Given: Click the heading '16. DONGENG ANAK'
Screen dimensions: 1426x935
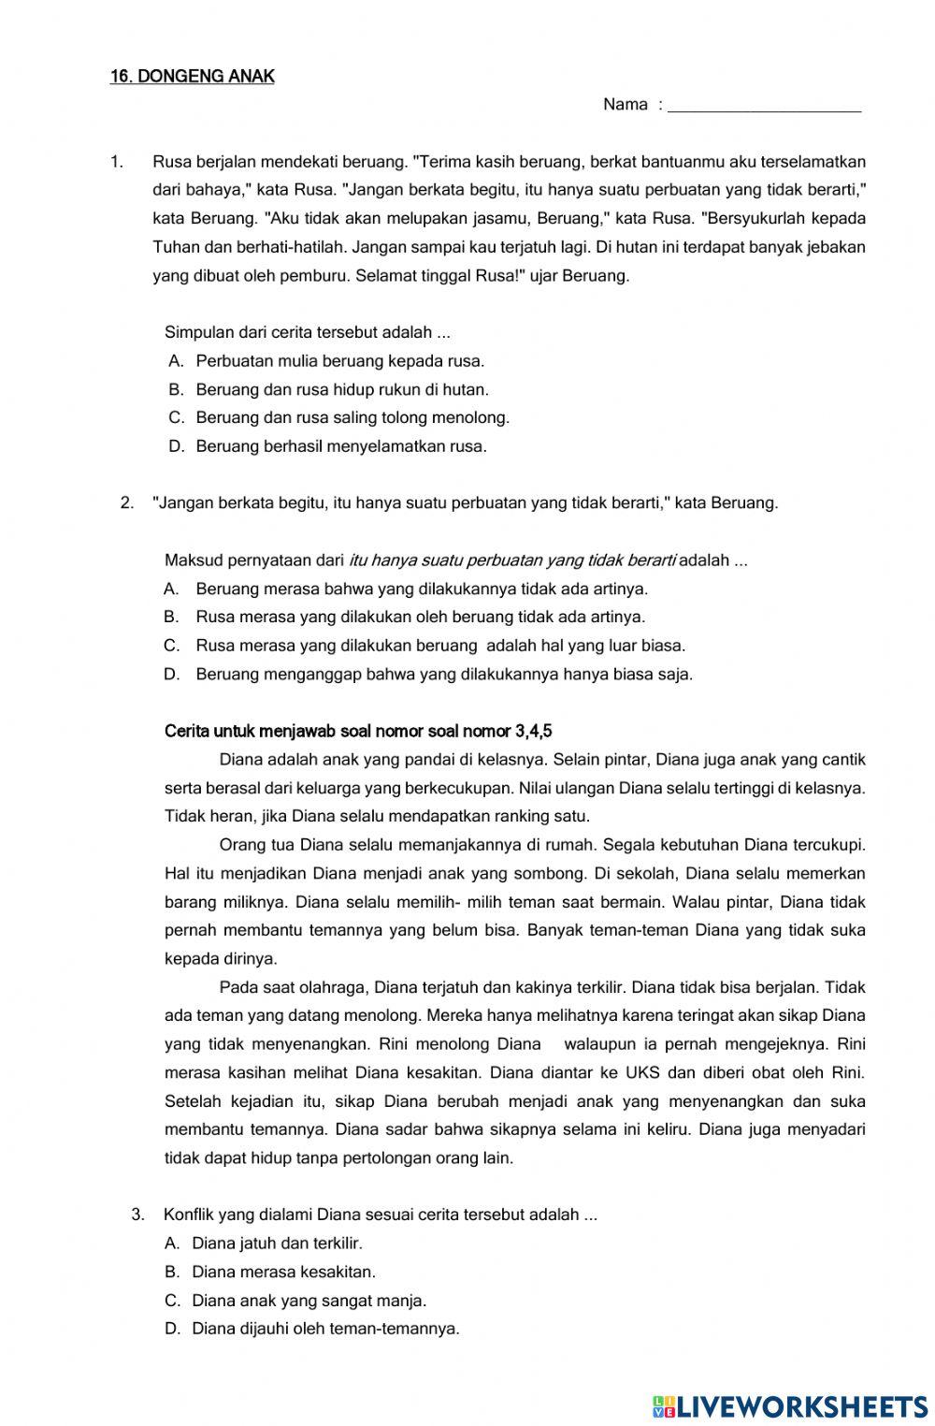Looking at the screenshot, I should coord(192,77).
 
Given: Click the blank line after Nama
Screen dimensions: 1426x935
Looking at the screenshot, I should coord(766,106).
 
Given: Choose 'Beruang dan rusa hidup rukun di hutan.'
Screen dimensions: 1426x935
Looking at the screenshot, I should coord(341,389).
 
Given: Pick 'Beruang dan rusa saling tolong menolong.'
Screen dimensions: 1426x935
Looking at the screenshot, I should coord(352,417).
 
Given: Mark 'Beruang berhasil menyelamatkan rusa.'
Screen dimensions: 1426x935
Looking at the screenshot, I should coord(340,446).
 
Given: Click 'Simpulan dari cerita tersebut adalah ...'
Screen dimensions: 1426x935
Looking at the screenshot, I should coord(308,332).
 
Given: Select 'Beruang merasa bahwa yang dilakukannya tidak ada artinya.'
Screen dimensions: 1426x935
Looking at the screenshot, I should coord(421,589).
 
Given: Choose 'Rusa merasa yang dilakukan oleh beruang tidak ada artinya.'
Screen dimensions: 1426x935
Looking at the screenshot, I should coord(420,617).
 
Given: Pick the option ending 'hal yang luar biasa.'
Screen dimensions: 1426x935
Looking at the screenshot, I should coord(439,646).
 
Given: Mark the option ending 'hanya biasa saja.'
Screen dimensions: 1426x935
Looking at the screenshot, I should coord(443,674).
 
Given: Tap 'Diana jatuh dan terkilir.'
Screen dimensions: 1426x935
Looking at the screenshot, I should coord(277,1244).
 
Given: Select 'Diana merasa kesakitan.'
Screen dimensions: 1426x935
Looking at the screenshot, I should coord(283,1272).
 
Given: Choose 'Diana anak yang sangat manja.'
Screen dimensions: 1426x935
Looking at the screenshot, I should coord(309,1301).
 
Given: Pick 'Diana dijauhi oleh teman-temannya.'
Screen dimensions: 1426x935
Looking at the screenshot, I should coord(325,1329).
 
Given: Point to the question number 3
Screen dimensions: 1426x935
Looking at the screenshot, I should coord(138,1215).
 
